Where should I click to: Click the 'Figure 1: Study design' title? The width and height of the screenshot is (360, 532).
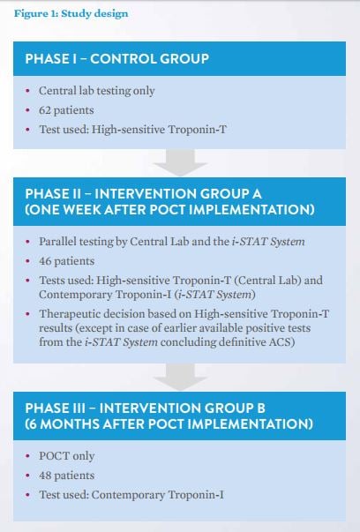pos(71,13)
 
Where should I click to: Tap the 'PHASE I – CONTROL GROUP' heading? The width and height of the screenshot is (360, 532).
pos(117,59)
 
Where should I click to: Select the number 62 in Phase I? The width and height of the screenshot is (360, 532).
pos(45,110)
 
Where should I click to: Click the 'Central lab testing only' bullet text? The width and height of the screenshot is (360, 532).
pos(97,91)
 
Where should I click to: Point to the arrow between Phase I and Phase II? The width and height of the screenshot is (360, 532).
pos(180,162)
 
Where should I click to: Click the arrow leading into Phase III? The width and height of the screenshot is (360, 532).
pos(180,377)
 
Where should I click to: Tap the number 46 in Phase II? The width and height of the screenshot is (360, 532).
pos(45,261)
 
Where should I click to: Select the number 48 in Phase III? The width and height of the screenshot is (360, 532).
pos(45,476)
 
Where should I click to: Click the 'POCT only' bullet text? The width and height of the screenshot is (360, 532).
pos(67,456)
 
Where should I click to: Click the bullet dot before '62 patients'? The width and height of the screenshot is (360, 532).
pos(28,110)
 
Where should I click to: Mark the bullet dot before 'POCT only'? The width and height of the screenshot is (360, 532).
pos(28,456)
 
